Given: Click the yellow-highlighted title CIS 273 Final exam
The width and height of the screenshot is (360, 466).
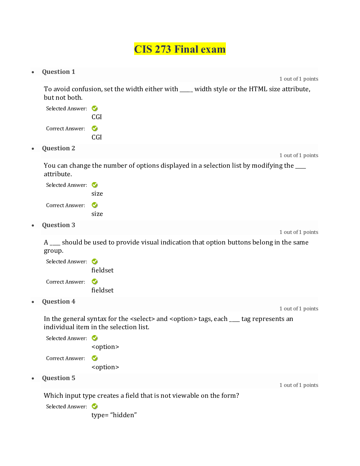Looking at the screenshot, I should click(180, 49).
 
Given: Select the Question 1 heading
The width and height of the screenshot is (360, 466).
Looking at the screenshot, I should click(59, 72).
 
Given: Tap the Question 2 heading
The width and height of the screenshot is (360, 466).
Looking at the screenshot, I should click(59, 148).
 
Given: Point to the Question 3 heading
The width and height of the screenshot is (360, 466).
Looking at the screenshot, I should click(59, 225).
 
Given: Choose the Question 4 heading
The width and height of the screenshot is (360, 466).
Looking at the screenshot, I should click(59, 302).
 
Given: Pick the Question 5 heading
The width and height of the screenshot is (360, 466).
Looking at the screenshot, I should click(59, 378).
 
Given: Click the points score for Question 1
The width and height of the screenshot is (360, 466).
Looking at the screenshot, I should click(299, 79).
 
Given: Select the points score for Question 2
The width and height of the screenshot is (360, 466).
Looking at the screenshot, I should click(299, 155).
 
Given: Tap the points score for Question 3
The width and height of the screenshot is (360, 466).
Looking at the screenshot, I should click(299, 232).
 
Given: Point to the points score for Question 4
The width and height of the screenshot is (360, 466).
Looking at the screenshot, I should click(299, 309).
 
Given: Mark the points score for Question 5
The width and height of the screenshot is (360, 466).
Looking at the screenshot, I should click(299, 385).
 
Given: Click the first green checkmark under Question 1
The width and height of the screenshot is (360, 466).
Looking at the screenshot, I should click(94, 108).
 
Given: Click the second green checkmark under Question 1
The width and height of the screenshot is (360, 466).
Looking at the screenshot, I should click(94, 128).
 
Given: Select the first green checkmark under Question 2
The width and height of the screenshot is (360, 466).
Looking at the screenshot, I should click(94, 185).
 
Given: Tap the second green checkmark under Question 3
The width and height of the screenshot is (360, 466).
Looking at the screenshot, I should click(94, 282).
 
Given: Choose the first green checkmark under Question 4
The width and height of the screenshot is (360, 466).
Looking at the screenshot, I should click(94, 338).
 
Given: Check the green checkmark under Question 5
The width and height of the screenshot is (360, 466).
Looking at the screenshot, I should click(94, 406).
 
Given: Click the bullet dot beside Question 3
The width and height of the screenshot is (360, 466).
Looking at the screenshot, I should click(33, 226).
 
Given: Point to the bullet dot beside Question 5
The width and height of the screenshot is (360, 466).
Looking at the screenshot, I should click(33, 379).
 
